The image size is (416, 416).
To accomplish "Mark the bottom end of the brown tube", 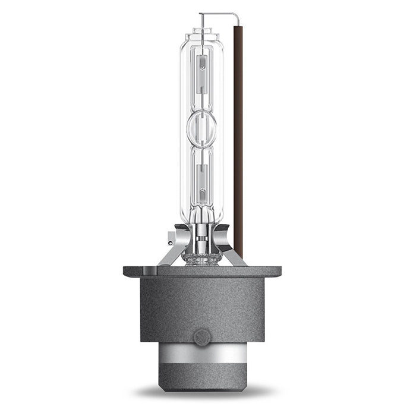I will [x=239, y=250].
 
